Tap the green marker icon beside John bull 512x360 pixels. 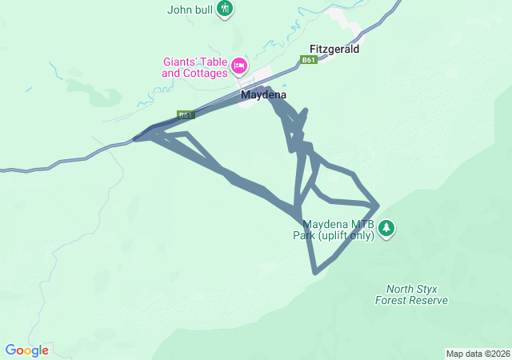point(225,9)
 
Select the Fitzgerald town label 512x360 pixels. point(334,49)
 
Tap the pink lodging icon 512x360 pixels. point(238,65)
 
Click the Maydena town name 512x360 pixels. point(263,94)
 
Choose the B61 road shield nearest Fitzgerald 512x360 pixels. point(309,60)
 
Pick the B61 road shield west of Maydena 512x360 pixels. point(186,115)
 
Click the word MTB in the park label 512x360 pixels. point(356,224)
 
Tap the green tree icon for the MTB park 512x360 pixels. point(387,229)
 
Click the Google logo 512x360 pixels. point(26,350)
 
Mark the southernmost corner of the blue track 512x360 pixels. point(317,273)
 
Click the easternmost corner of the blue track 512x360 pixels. point(377,206)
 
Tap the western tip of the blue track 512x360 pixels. point(134,139)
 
